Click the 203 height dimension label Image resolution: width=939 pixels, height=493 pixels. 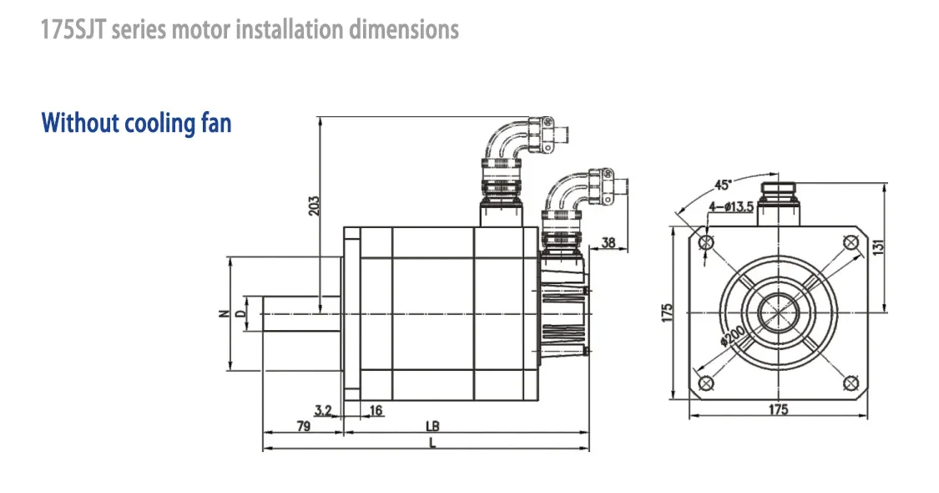tap(314, 206)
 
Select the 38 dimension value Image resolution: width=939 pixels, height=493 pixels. tap(608, 242)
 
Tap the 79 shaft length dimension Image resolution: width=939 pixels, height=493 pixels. tap(304, 426)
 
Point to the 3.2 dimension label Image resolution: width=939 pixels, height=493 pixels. tap(323, 410)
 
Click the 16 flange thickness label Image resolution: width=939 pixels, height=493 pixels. tap(376, 410)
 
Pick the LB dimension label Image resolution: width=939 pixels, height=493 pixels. tap(432, 426)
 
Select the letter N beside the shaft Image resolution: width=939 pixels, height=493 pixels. tap(224, 313)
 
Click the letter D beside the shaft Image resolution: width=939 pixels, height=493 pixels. tap(240, 313)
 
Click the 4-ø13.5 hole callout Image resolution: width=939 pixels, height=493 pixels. tap(731, 207)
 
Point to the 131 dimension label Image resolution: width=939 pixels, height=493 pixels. tap(878, 247)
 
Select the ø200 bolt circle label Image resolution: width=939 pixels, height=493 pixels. tap(732, 335)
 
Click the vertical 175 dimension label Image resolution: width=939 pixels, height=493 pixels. tap(667, 313)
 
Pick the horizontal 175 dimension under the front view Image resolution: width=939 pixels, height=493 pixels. tap(778, 409)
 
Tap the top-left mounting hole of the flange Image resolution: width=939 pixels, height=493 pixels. tap(707, 242)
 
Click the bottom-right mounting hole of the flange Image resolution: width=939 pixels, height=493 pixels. tap(851, 384)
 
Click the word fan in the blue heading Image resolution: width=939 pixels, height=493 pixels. tap(215, 123)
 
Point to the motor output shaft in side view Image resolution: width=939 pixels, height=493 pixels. tap(302, 313)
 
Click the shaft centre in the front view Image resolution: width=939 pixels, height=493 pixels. tap(779, 313)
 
